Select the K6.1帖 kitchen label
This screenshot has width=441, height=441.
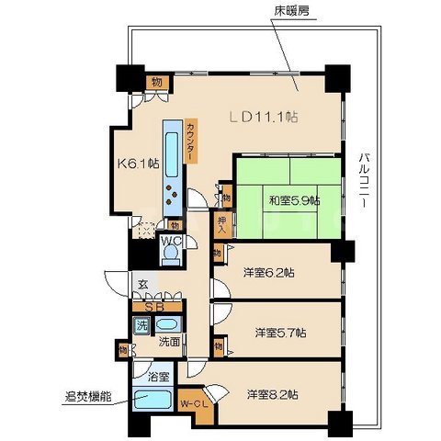click(134, 165)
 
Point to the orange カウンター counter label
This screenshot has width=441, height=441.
click(190, 141)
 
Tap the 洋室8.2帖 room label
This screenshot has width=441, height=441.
click(272, 394)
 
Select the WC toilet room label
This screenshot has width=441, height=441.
click(171, 244)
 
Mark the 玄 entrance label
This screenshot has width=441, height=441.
click(142, 286)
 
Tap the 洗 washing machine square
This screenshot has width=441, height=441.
click(142, 324)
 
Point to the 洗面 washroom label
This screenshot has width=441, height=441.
click(168, 341)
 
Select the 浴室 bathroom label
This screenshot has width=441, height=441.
click(159, 377)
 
